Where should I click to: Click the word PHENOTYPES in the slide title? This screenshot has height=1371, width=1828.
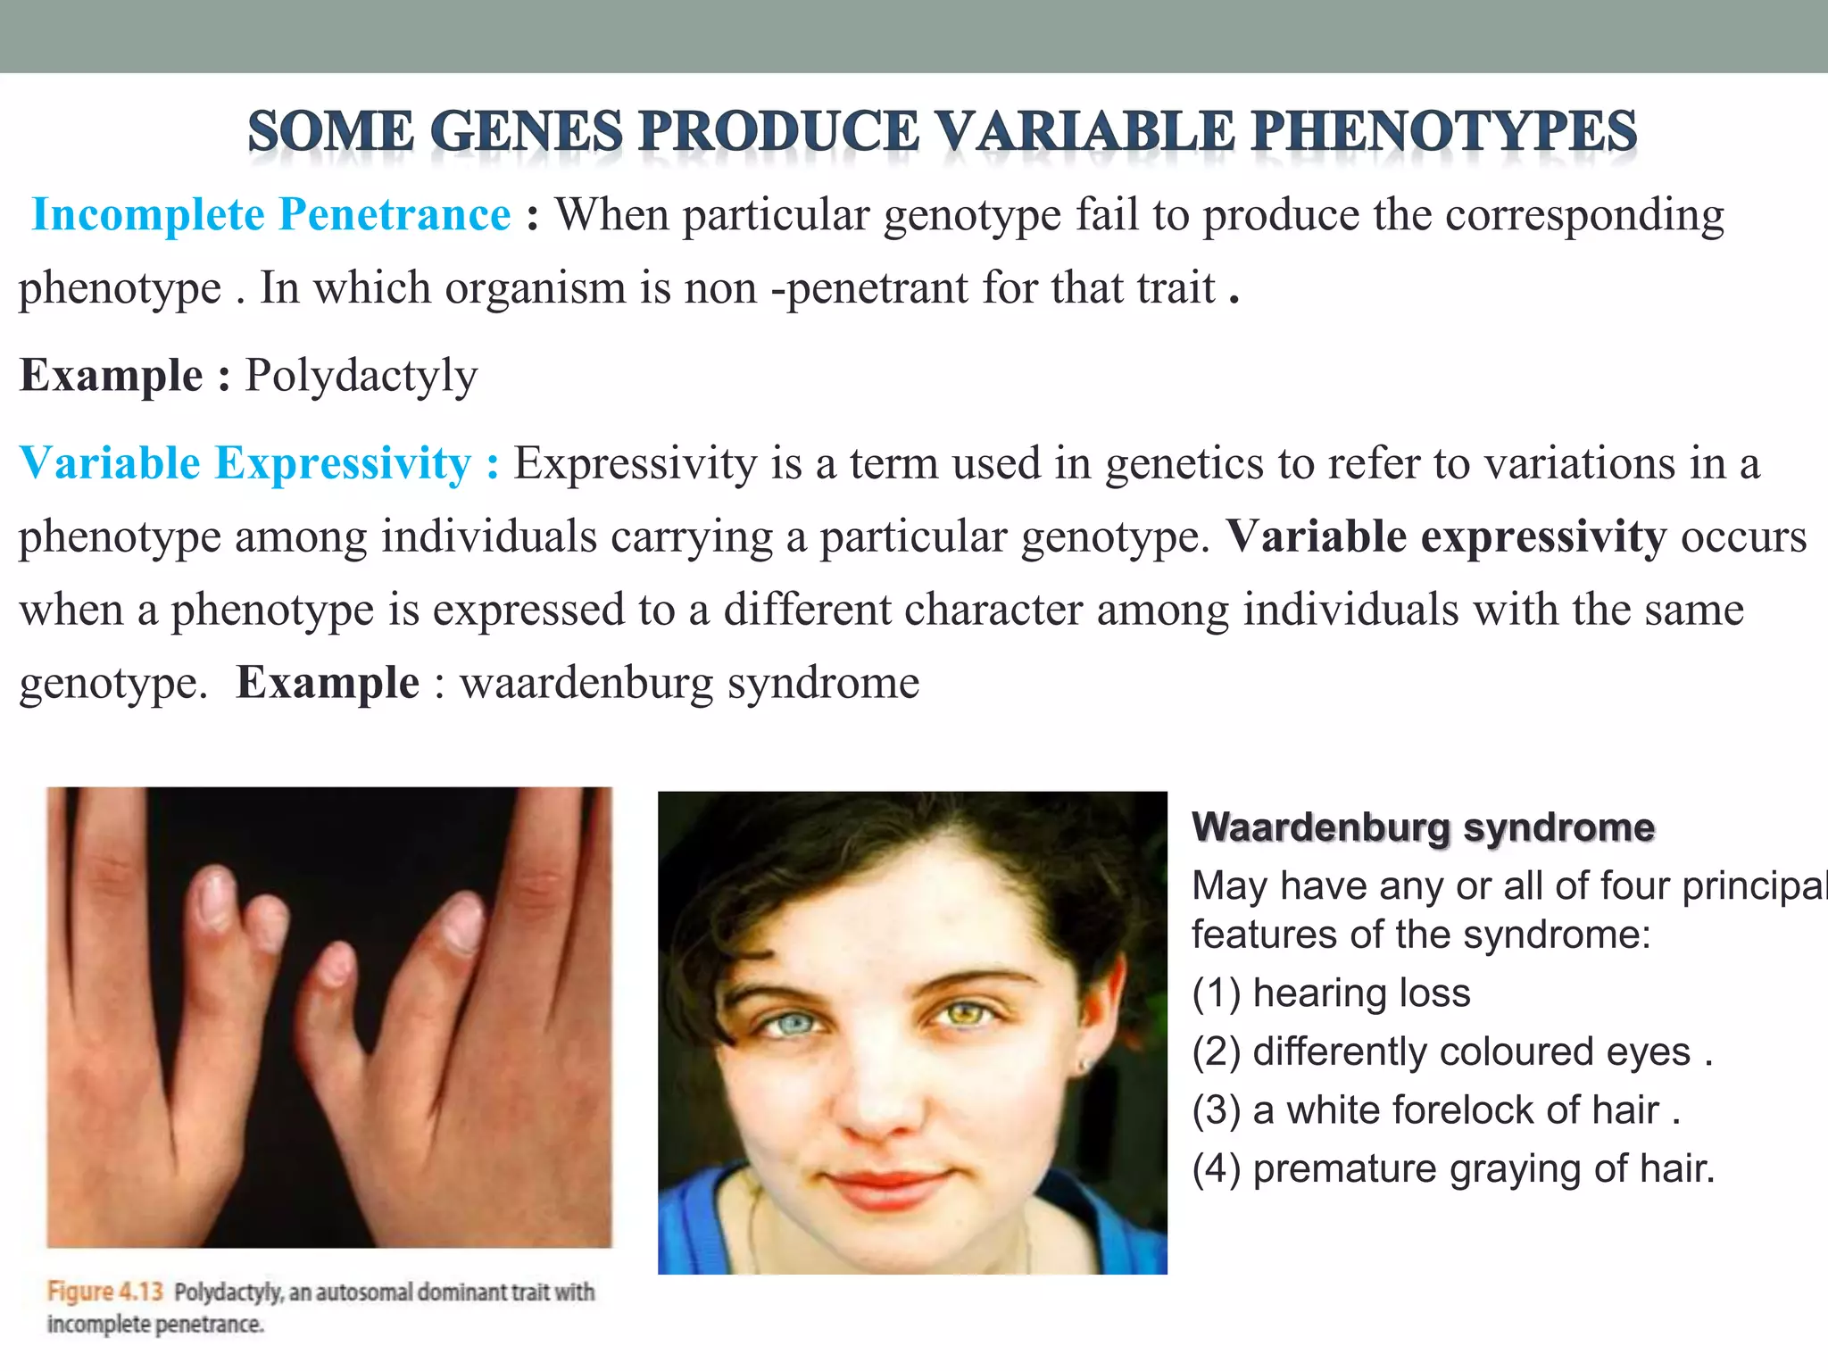click(x=1444, y=131)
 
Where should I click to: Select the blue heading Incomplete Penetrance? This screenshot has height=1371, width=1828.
click(x=271, y=215)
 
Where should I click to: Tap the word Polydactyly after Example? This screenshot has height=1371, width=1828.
click(x=361, y=376)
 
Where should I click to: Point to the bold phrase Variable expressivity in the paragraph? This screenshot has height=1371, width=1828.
click(x=1446, y=536)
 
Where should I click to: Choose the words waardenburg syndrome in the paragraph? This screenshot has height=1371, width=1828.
click(x=689, y=684)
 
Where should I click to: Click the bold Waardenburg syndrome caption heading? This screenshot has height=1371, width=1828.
click(x=1423, y=827)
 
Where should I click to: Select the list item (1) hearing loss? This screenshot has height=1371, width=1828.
click(x=1331, y=993)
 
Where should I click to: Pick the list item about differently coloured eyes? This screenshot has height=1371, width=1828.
click(x=1452, y=1052)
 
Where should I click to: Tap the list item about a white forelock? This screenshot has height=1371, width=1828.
click(x=1436, y=1110)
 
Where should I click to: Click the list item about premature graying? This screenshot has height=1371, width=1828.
click(x=1453, y=1169)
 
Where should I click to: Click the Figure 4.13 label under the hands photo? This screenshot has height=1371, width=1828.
click(x=105, y=1292)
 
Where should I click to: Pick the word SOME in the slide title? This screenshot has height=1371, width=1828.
click(x=330, y=131)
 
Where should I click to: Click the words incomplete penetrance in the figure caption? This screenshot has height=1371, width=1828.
click(x=155, y=1325)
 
